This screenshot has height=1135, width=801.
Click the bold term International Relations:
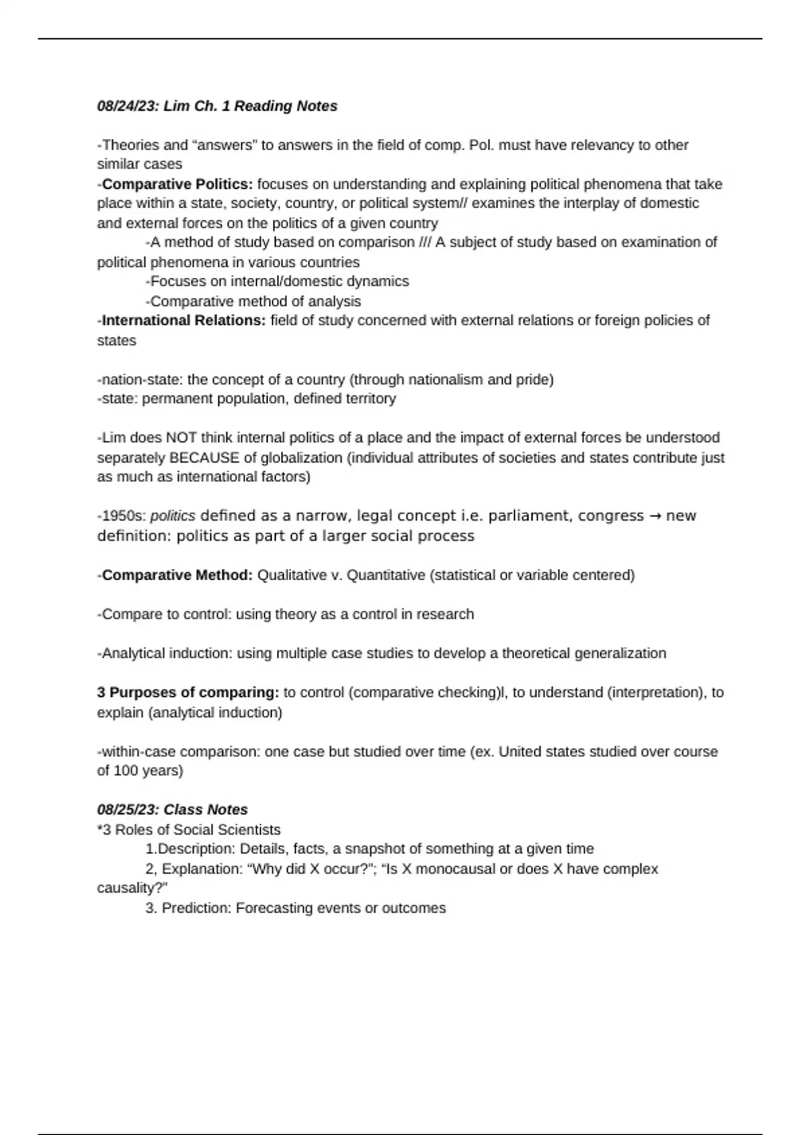(x=184, y=320)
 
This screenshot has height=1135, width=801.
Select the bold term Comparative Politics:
(x=177, y=184)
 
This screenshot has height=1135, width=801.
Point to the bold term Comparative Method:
(x=177, y=576)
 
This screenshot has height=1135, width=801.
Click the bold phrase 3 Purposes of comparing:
(x=188, y=693)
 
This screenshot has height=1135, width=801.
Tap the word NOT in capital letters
(x=182, y=438)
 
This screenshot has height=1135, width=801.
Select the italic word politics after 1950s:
(x=173, y=516)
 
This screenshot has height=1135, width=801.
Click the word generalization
(x=619, y=654)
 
